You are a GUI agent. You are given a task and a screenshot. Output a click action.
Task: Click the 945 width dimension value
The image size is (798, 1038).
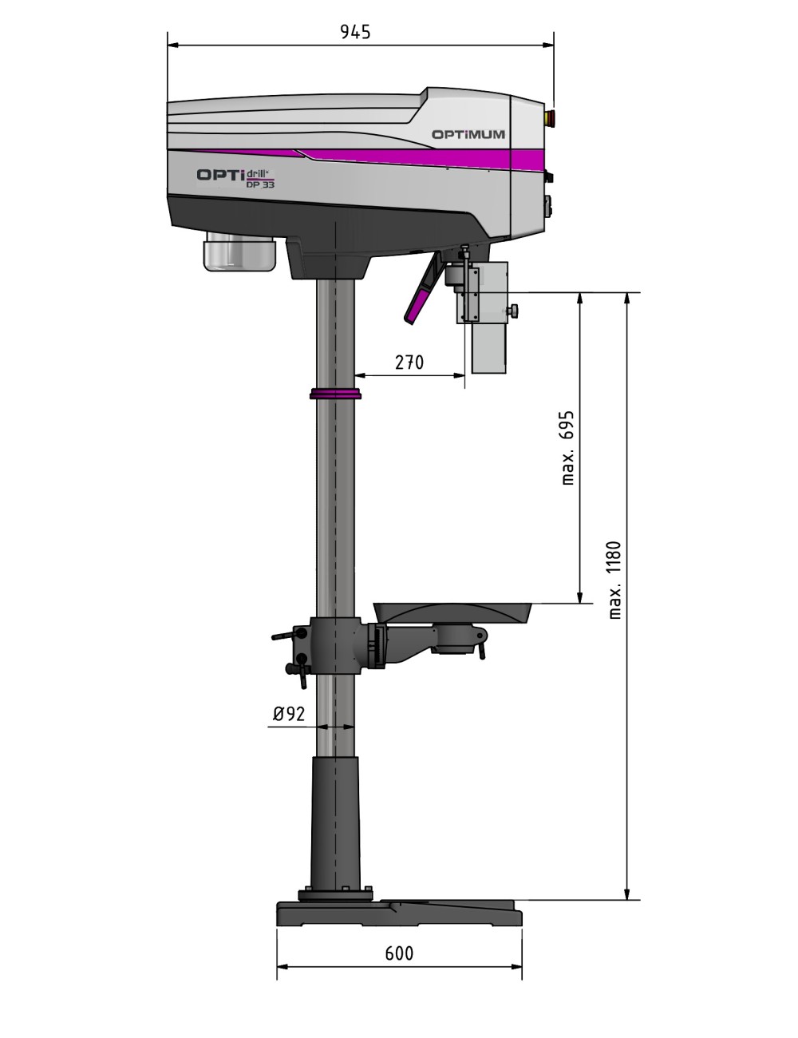click(355, 32)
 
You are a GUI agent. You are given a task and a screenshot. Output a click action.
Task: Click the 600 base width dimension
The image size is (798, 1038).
click(399, 953)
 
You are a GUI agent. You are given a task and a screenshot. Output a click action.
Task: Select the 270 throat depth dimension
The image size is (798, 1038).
click(409, 363)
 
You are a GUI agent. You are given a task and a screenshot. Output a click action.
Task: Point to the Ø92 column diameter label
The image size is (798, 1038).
click(289, 714)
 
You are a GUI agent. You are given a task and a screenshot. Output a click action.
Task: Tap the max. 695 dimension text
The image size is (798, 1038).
click(567, 448)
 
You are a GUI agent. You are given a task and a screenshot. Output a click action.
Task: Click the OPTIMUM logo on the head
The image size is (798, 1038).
click(468, 134)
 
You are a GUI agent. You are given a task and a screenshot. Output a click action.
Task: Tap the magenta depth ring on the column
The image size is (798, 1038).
click(335, 394)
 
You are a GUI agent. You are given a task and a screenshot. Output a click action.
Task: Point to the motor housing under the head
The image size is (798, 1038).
click(239, 253)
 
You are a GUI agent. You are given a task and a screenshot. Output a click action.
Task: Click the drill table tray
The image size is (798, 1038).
click(452, 612)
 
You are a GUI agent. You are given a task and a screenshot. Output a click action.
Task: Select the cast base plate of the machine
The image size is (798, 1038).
click(399, 913)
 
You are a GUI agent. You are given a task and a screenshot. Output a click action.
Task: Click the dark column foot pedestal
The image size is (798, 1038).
click(335, 822)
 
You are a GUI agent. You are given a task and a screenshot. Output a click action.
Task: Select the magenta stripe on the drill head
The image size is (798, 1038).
click(415, 156)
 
